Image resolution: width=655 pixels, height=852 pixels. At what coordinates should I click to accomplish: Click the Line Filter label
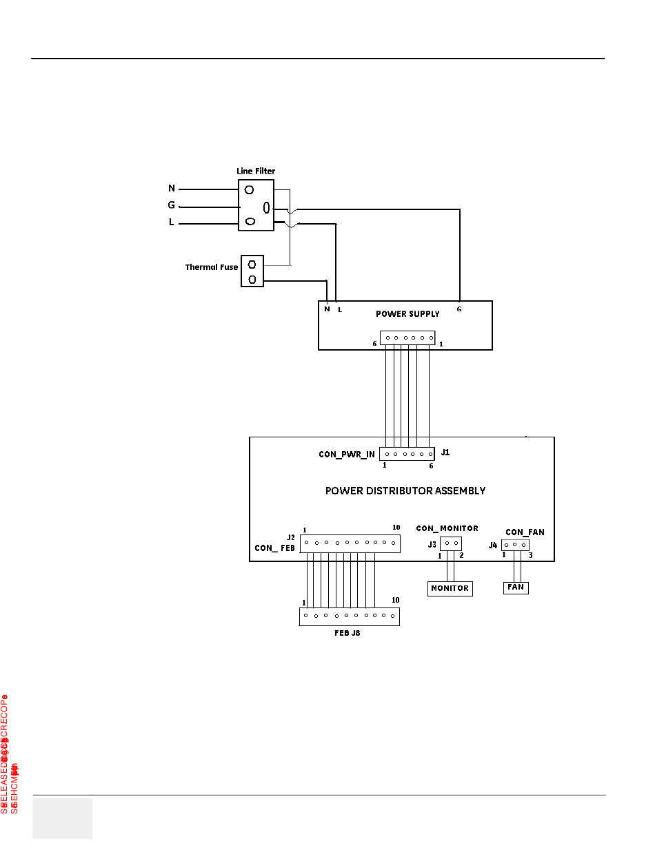(x=256, y=171)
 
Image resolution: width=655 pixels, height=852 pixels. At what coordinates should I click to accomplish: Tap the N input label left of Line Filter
(x=172, y=189)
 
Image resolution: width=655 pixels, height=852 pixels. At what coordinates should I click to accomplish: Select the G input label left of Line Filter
(x=172, y=205)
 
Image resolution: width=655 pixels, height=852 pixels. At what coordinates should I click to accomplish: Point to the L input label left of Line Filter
(x=172, y=222)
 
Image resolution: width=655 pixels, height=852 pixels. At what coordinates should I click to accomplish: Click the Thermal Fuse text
(x=211, y=267)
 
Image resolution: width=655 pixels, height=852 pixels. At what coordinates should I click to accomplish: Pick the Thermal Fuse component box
(x=252, y=271)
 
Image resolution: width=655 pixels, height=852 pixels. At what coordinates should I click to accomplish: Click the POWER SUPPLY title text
(x=407, y=314)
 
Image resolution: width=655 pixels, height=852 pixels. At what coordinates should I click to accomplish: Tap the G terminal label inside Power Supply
(x=459, y=309)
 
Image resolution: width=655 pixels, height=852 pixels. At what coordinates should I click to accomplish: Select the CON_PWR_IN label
(x=347, y=455)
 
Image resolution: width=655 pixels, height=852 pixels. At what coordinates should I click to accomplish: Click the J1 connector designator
(x=445, y=453)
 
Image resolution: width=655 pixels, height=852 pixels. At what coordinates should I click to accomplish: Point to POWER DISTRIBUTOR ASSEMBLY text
(x=405, y=491)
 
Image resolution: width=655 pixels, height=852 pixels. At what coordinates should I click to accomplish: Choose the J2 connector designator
(x=291, y=537)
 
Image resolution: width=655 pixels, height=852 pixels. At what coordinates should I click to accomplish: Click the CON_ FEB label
(x=275, y=548)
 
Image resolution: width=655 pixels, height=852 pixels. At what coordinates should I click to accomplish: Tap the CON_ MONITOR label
(x=447, y=528)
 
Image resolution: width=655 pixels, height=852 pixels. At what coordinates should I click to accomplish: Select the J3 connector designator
(x=432, y=544)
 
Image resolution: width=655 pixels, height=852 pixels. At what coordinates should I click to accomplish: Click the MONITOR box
(x=450, y=589)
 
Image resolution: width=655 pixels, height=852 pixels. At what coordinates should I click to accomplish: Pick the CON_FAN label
(x=525, y=532)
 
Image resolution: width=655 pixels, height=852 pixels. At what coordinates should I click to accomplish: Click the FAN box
(x=516, y=588)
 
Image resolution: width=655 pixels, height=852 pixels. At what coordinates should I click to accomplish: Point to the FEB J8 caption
(x=347, y=633)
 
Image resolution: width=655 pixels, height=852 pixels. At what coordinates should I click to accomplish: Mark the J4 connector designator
(x=493, y=546)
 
